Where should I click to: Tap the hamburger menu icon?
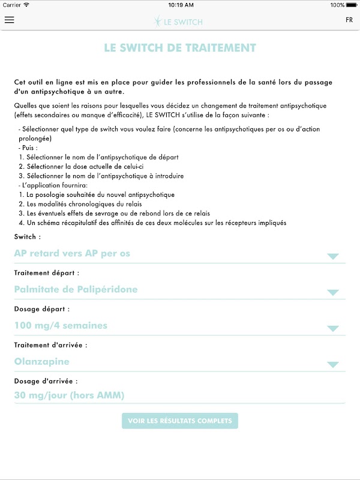9,20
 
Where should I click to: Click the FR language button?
349,20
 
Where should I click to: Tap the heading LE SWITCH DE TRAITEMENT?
180,48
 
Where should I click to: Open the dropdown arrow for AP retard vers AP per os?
333,257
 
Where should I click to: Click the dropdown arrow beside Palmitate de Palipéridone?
333,293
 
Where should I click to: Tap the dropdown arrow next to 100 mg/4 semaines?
333,329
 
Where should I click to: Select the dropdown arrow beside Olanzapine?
333,365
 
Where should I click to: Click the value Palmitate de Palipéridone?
76,289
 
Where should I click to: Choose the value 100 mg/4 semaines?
61,325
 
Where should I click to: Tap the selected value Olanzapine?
41,361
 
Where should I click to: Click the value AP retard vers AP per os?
72,253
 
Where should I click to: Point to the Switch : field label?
27,237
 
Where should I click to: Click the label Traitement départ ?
46,273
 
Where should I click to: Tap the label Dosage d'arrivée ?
46,381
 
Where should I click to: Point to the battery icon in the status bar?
349,5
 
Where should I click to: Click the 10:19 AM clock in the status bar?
181,5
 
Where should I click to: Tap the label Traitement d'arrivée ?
50,345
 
